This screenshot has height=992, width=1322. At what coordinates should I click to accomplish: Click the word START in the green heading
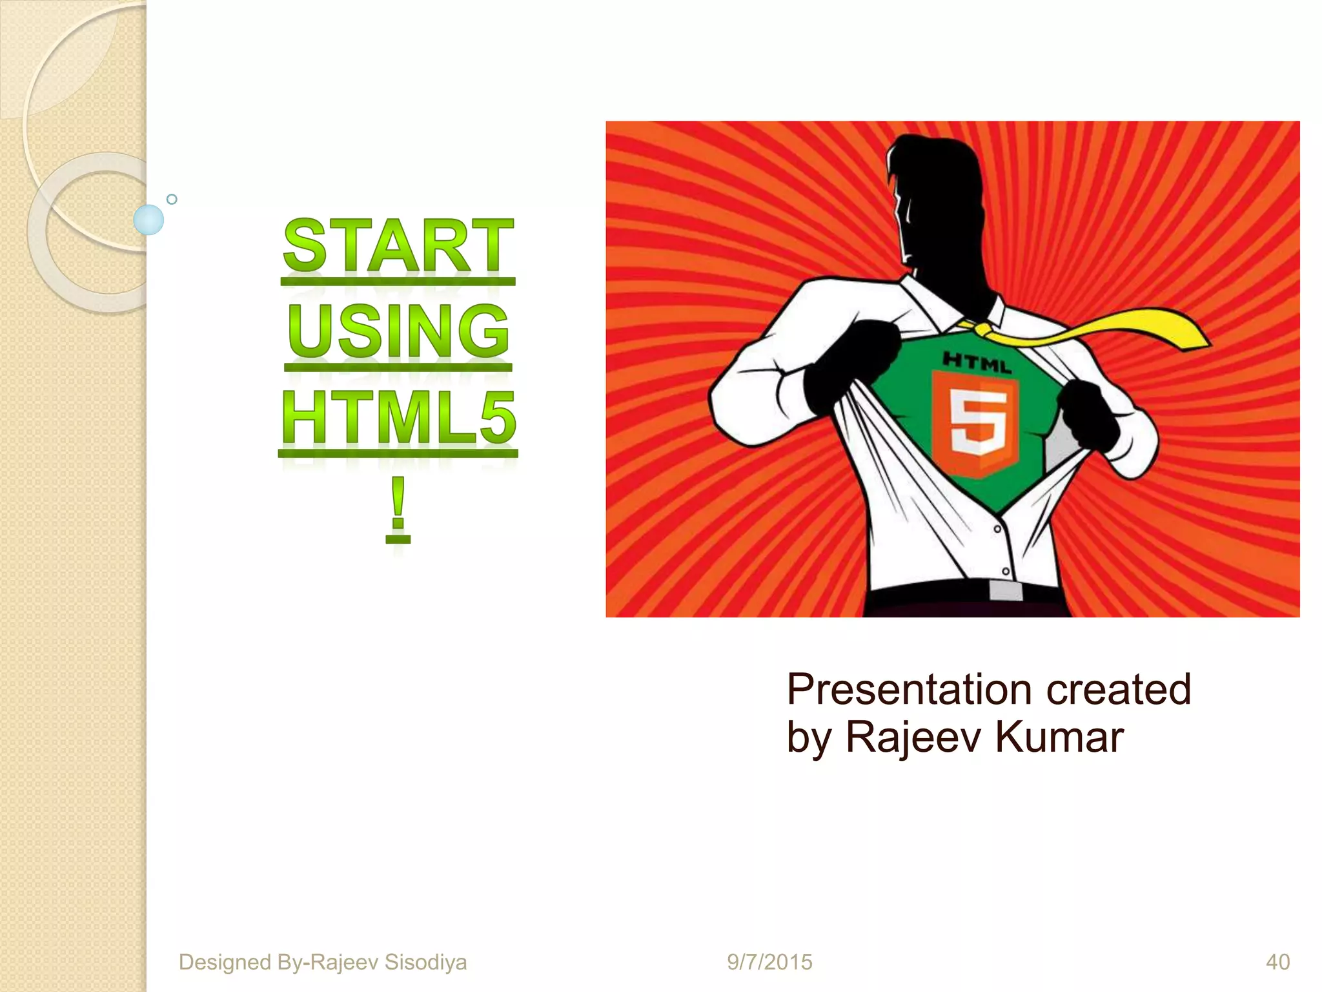coord(398,247)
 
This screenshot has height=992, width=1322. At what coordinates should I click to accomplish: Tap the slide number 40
coord(1277,962)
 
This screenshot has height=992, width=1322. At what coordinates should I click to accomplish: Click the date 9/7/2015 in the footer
coord(769,962)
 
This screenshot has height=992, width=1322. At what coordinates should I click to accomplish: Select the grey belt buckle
coord(1005,590)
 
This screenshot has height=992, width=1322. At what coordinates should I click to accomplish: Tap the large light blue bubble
coord(148,220)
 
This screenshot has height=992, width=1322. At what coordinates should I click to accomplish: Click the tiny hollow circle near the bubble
coord(172,199)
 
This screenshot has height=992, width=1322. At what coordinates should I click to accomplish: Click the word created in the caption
coord(1118,690)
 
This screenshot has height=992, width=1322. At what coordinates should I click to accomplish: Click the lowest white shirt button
coord(1005,572)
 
